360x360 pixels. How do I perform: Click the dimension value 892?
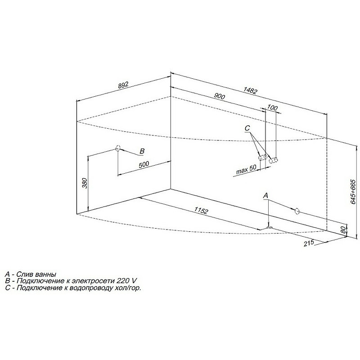(123, 85)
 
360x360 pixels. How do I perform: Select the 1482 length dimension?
(250, 91)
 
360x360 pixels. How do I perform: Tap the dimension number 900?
(219, 96)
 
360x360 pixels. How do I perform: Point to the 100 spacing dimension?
(273, 108)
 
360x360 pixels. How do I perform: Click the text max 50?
(246, 170)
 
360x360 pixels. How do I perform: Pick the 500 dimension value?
(144, 164)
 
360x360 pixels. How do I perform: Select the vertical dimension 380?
(85, 183)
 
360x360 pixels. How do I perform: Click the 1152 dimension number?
(201, 210)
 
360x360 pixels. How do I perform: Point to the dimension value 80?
(343, 229)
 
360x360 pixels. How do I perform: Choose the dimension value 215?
(309, 243)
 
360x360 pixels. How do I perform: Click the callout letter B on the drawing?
(142, 151)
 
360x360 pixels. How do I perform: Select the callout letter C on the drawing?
(247, 128)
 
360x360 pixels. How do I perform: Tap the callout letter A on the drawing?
(265, 196)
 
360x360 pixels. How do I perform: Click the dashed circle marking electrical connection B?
(118, 148)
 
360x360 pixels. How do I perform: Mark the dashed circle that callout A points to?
(297, 211)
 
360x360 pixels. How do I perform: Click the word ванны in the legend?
(46, 274)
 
